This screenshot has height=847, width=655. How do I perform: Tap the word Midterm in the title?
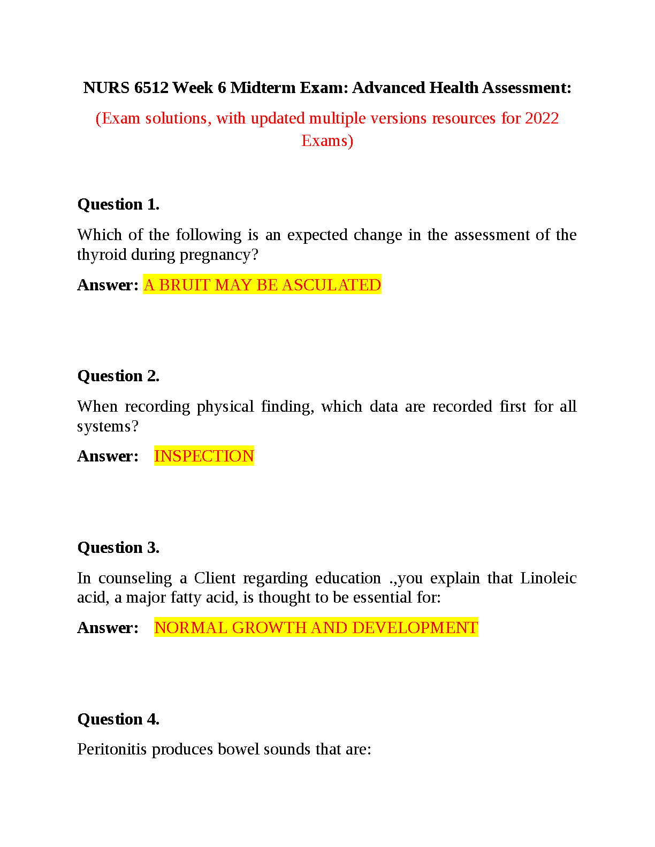[263, 88]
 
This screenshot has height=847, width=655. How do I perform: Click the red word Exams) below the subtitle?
[327, 141]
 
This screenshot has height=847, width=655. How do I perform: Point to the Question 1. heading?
[118, 204]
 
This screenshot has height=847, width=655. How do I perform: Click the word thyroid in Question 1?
[102, 255]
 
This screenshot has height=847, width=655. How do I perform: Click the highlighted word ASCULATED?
[331, 285]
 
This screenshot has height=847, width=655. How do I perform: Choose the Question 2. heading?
[118, 376]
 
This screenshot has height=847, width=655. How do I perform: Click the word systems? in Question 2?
[108, 426]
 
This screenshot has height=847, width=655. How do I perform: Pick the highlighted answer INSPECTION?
[204, 456]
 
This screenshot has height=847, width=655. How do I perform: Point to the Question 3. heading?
[118, 548]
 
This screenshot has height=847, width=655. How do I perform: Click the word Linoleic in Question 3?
[548, 578]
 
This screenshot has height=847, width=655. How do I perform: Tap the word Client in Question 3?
[215, 578]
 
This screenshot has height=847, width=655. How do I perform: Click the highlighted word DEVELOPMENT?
[415, 628]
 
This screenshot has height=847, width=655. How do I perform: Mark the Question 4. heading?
[118, 719]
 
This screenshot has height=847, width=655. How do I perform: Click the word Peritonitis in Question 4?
[112, 749]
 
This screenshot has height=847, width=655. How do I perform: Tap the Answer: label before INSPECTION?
[108, 456]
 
